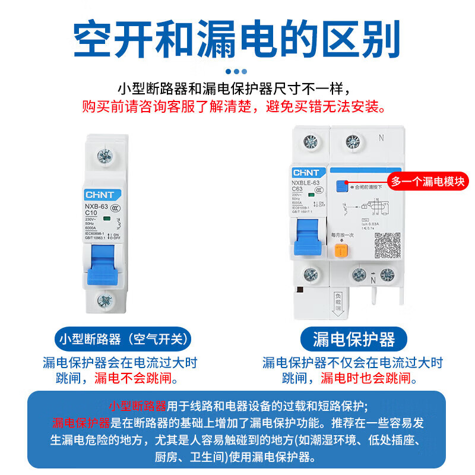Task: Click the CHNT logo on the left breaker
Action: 103,194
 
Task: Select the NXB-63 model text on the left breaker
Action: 96,206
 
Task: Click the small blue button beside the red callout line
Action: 341,187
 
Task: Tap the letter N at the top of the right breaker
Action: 381,138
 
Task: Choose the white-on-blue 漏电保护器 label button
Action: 354,339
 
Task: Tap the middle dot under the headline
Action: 236,71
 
